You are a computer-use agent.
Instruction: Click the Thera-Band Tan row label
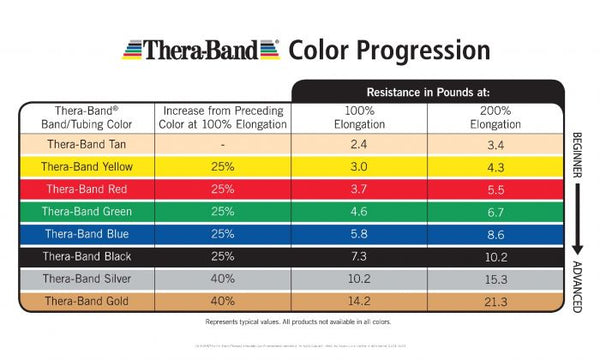tap(85, 145)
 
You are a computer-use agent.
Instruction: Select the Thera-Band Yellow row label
tap(85, 166)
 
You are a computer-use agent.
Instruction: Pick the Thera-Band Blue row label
tap(85, 233)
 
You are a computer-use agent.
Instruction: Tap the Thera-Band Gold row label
tap(85, 299)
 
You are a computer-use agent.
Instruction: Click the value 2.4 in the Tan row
tap(358, 145)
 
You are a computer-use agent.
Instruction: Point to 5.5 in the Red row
tap(496, 189)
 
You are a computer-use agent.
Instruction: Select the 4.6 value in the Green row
tap(358, 211)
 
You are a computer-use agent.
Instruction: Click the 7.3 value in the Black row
tap(358, 255)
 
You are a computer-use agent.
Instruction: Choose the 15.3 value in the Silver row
tap(496, 277)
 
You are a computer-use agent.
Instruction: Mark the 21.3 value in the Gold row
tap(496, 299)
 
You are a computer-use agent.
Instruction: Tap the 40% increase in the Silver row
tap(221, 277)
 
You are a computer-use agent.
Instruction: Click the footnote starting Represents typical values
tap(299, 323)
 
